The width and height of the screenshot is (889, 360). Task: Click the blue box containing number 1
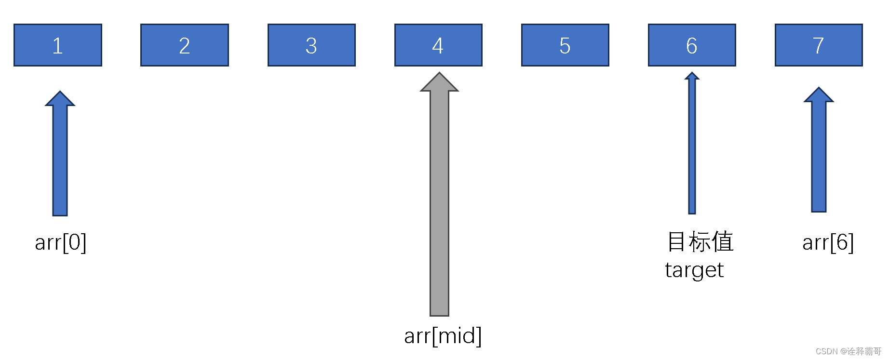(58, 45)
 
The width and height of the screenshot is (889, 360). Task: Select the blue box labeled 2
(185, 45)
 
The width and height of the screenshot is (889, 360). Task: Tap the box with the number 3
(311, 45)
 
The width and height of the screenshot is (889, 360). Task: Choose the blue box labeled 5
(565, 45)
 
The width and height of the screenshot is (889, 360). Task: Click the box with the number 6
(692, 45)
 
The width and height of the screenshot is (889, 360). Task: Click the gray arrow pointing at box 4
(439, 202)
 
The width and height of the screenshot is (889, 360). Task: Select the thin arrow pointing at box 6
(692, 145)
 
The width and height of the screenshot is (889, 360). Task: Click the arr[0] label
(61, 242)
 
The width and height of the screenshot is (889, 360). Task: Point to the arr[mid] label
(443, 336)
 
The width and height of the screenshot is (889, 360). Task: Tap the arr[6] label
(828, 242)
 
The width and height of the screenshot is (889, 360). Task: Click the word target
(694, 270)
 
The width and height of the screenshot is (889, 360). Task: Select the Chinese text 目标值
(700, 241)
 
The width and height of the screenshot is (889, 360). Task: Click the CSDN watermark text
(848, 351)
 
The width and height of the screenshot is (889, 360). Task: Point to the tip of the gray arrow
(439, 74)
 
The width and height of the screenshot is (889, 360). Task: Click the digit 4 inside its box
(438, 46)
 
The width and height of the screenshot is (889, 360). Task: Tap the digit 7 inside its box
(818, 46)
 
